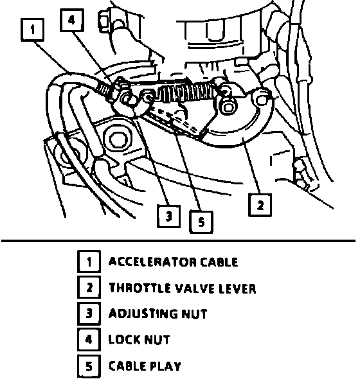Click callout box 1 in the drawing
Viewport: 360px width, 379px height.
pos(33,30)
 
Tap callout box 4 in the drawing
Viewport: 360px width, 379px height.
pos(72,20)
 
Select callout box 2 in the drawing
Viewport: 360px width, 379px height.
pos(260,205)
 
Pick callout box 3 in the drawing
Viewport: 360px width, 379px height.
pos(169,216)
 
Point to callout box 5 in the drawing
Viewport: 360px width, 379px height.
pos(201,222)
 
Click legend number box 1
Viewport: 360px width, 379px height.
pos(89,262)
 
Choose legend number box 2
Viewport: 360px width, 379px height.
pos(89,288)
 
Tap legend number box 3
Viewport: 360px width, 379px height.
pos(89,313)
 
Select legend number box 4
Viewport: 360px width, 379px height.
pos(89,339)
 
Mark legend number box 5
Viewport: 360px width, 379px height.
pos(89,366)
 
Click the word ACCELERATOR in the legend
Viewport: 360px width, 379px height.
pos(152,262)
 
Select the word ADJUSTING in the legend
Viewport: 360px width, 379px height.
pos(143,313)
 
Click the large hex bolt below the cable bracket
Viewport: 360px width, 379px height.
pos(118,139)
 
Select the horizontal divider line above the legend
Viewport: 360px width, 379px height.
pos(178,241)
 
